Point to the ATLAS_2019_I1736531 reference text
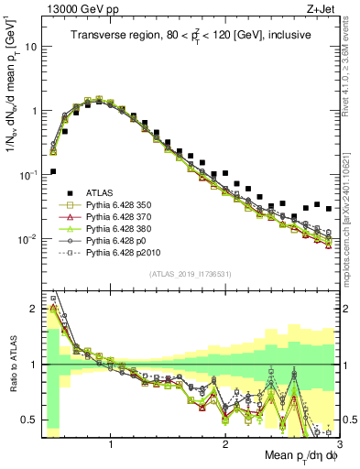click(x=191, y=274)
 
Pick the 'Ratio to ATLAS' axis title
click(x=10, y=365)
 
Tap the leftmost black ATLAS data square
click(x=53, y=171)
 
